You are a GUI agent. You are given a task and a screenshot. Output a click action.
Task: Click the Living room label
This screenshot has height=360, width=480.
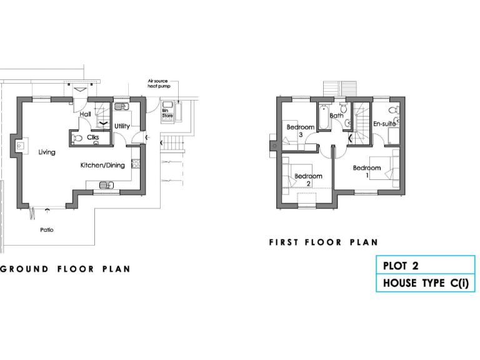tap(46, 152)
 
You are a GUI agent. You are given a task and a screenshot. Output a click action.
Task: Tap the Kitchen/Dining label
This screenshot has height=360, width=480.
tap(102, 166)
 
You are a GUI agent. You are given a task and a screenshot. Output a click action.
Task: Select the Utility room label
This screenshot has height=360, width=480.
tap(122, 126)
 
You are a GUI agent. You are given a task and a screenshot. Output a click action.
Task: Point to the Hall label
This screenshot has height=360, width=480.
tap(86, 114)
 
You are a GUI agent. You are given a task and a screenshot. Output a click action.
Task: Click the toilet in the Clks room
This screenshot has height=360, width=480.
tap(77, 137)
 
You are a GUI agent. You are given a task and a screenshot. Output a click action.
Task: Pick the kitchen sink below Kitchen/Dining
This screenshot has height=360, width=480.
tap(107, 184)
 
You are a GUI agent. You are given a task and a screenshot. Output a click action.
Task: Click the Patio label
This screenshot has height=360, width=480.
tap(47, 230)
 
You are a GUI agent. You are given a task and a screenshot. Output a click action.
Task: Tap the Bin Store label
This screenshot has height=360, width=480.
tap(167, 113)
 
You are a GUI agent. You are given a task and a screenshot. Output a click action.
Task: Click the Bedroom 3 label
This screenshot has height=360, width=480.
tap(296, 131)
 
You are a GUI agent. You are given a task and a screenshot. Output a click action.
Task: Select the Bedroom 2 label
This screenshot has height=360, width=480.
tap(308, 179)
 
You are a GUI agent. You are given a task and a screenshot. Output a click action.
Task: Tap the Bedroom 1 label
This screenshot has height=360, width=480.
tap(367, 171)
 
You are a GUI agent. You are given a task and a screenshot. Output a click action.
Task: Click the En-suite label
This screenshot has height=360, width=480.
tap(384, 124)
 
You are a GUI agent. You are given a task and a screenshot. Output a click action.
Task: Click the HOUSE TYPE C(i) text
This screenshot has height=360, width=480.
tap(425, 283)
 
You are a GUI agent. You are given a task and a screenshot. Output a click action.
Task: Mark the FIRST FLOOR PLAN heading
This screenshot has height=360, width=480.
tap(324, 242)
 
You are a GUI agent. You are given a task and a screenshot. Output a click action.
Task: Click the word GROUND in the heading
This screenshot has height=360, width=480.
tap(24, 269)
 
